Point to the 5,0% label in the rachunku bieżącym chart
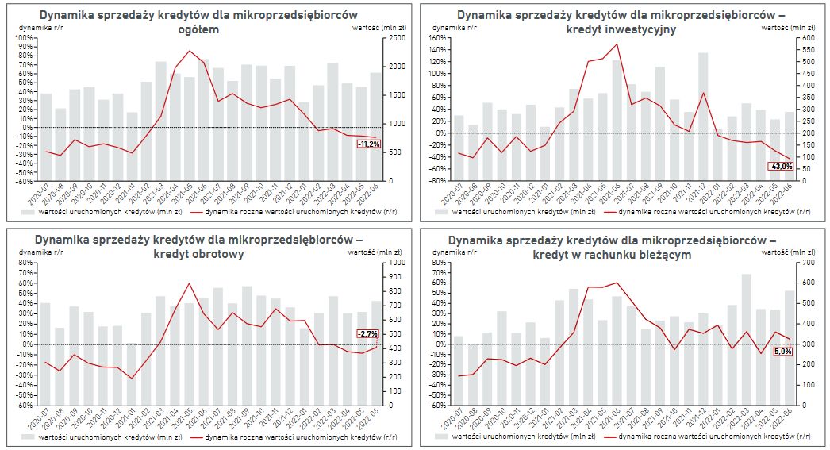point(782,351)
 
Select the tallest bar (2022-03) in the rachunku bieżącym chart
point(747,340)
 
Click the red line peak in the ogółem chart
point(189,51)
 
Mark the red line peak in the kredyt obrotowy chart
point(189,283)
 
